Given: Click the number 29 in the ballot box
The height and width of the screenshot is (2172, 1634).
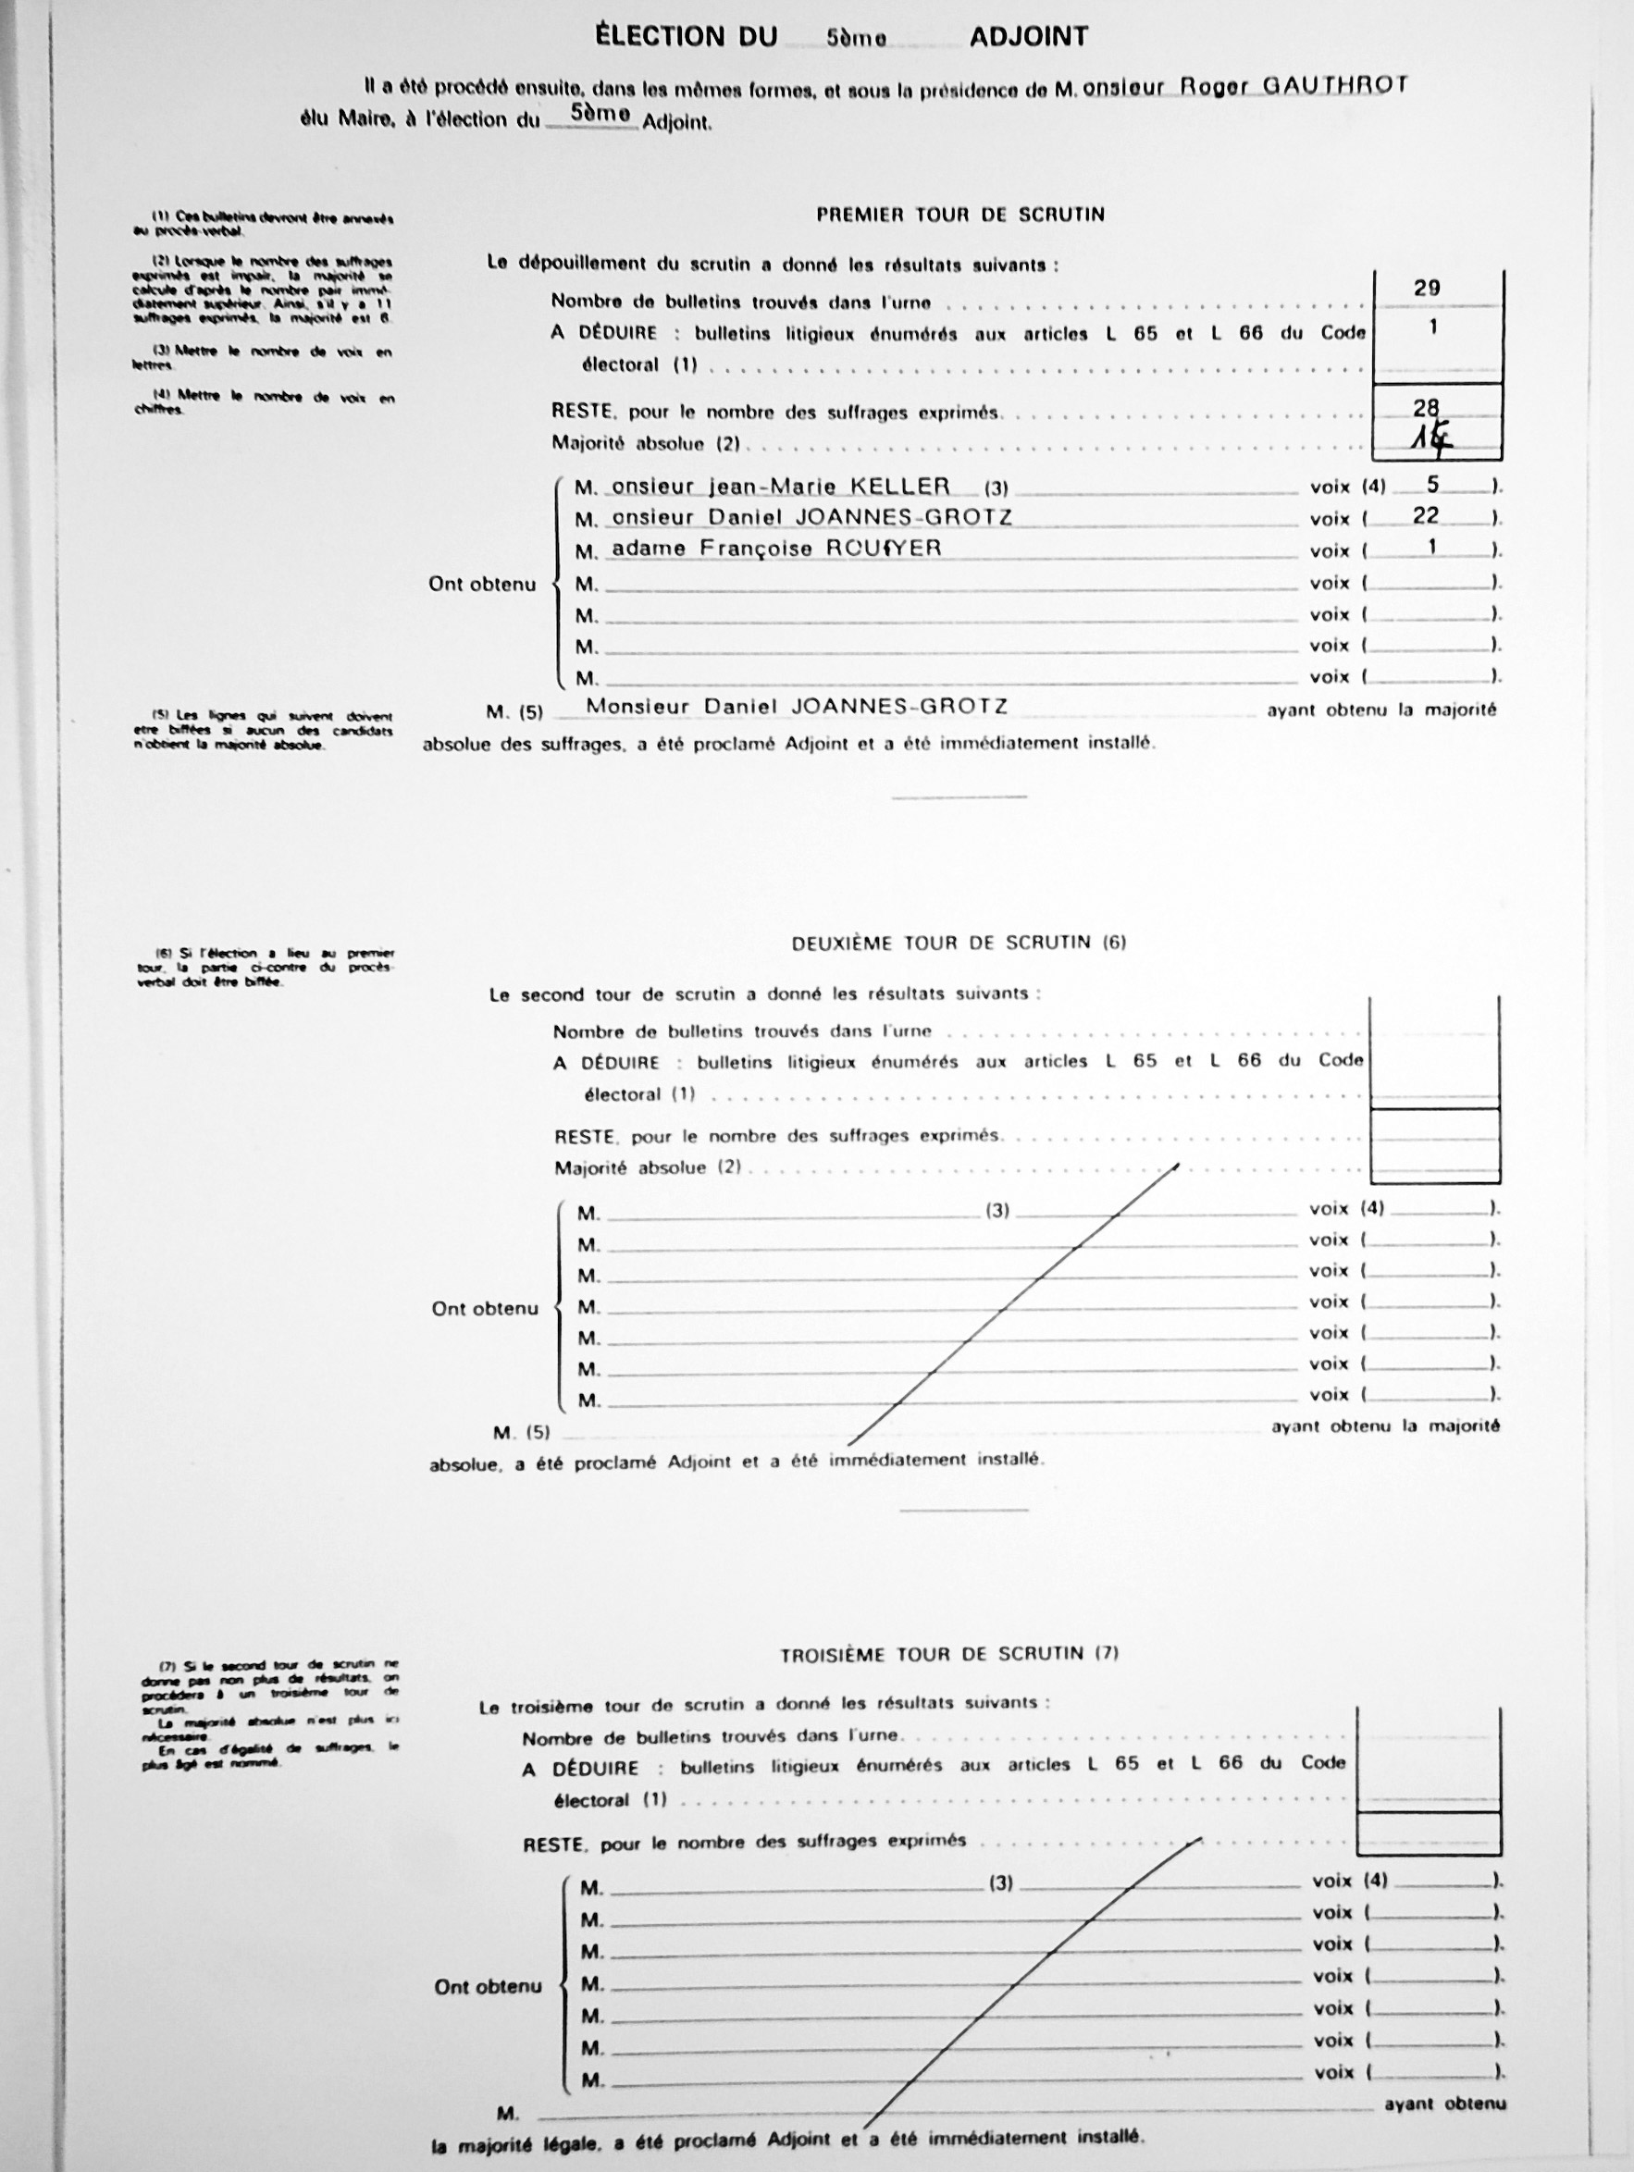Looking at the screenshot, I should click(x=1427, y=289).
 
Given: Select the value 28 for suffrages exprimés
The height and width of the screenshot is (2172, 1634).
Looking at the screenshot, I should click(x=1427, y=408).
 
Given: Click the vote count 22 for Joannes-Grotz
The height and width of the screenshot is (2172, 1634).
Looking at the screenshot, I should click(x=1426, y=515).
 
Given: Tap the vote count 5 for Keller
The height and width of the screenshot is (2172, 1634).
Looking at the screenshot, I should click(x=1431, y=484).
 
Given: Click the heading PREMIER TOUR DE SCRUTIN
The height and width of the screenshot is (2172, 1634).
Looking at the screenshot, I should click(x=960, y=214).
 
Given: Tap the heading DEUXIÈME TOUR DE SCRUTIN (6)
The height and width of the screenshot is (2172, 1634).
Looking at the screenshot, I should click(x=959, y=943).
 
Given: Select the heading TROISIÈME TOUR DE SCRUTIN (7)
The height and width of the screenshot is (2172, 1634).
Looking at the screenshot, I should click(x=948, y=1654).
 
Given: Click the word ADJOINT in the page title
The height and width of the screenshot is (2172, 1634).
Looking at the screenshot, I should click(x=1028, y=37).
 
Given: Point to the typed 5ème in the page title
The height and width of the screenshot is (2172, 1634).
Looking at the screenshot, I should click(x=856, y=38).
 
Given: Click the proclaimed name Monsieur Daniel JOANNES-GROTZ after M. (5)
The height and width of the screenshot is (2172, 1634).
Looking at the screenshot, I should click(x=797, y=706).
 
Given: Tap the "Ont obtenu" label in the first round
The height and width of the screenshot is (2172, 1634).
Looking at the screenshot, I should click(x=482, y=585).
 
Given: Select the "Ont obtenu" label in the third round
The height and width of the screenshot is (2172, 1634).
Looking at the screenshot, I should click(x=488, y=1986).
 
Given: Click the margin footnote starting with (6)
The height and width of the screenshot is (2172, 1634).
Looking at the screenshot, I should click(x=266, y=968).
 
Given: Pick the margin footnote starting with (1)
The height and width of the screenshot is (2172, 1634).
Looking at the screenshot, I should click(x=264, y=224).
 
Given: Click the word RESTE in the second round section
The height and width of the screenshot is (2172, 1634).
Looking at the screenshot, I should click(x=583, y=1137).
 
